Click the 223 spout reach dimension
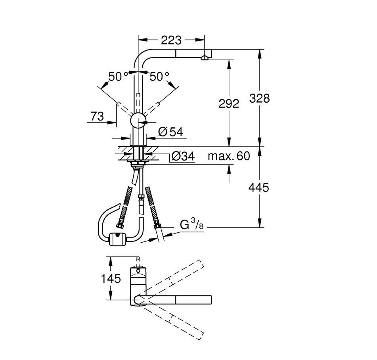click(x=171, y=40)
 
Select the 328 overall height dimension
click(x=260, y=98)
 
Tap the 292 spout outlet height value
click(x=229, y=103)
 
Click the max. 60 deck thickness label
click(x=229, y=156)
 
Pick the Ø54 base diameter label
click(x=170, y=132)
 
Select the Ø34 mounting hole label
click(x=182, y=157)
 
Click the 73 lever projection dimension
click(x=97, y=117)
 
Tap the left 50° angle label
click(x=118, y=77)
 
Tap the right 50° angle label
click(x=159, y=77)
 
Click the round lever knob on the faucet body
click(x=138, y=120)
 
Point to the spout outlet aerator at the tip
click(x=205, y=58)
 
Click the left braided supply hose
click(x=125, y=206)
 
